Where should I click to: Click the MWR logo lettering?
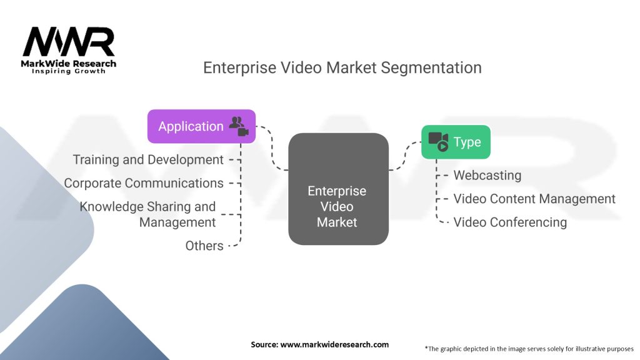[69, 41]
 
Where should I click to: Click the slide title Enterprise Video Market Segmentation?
[342, 67]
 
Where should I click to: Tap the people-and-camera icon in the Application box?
[238, 126]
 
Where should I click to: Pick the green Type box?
[456, 142]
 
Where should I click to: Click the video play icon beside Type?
[439, 142]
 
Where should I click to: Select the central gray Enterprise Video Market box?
[338, 189]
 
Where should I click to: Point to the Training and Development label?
[148, 159]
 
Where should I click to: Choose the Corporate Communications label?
[144, 183]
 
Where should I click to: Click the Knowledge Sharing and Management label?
[147, 214]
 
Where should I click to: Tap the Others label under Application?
[204, 246]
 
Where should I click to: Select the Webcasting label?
[487, 176]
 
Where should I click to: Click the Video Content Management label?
[534, 199]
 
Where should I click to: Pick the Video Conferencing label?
[510, 222]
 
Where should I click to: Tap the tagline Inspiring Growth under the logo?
[69, 71]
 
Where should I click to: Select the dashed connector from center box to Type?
[405, 156]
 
